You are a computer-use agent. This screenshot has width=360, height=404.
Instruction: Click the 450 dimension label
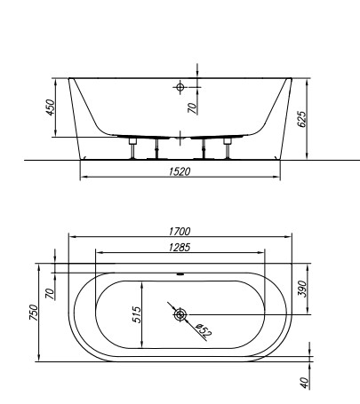(51, 107)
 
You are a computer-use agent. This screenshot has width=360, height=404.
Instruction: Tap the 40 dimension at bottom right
(302, 383)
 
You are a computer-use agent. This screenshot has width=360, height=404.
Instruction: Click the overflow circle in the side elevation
(180, 87)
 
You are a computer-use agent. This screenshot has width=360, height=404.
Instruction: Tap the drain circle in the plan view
(180, 314)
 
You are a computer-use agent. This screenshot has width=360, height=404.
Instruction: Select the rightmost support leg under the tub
(228, 147)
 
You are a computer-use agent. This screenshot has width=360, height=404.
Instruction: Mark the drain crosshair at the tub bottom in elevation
(180, 136)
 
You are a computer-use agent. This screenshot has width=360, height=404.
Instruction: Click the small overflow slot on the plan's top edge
(180, 273)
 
